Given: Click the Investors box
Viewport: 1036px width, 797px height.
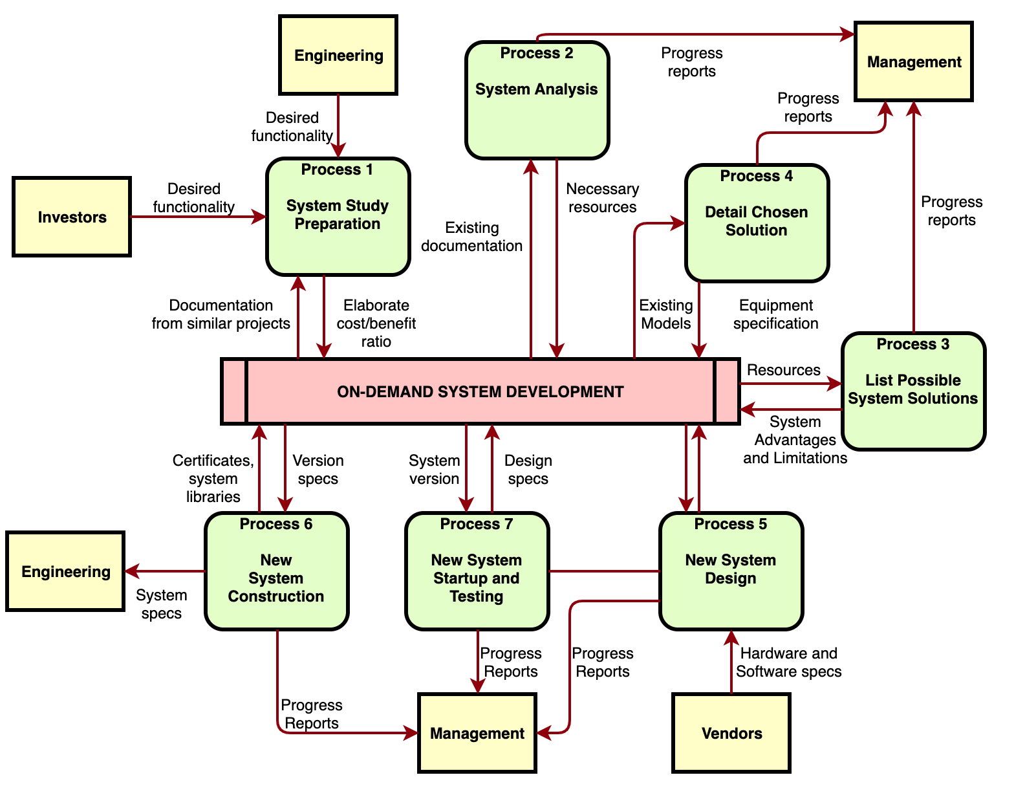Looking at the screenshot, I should coord(72,217).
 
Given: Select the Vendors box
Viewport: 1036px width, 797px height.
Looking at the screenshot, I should coord(731,733).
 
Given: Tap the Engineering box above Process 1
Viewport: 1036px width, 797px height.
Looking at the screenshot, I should coord(338,56).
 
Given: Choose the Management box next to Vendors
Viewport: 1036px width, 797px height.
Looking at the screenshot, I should coord(477,733).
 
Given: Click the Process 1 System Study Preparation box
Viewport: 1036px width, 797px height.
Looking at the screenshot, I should coord(338,217).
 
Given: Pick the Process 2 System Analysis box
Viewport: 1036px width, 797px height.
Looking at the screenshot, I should coord(537,100).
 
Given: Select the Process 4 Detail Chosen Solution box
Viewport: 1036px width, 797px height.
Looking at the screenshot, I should coord(757,223).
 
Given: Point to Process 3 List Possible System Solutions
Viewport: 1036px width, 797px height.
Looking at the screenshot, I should coord(913,391).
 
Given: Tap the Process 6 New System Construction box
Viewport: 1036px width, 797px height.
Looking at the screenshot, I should coord(276,571).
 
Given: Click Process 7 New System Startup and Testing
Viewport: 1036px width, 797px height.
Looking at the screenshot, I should coord(477,571).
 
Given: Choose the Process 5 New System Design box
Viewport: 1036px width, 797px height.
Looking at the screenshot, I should coord(731,571).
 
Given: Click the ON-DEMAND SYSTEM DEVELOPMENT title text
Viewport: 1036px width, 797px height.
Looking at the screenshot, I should coord(480,392).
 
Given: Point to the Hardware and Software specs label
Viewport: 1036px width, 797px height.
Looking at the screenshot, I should coord(789,662).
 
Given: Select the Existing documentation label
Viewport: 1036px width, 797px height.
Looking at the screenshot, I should coord(471,237).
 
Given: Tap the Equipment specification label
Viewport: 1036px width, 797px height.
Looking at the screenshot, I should coord(776,314).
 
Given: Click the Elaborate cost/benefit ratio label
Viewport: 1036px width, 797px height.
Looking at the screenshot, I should coord(376,323).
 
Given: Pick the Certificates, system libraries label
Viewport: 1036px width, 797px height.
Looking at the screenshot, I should coord(213,479).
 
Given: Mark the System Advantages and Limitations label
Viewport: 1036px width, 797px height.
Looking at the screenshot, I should coord(795,440).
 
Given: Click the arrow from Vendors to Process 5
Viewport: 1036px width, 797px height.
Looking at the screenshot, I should coord(731,662).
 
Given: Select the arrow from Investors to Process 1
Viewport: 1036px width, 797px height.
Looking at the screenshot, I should coord(198,217).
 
